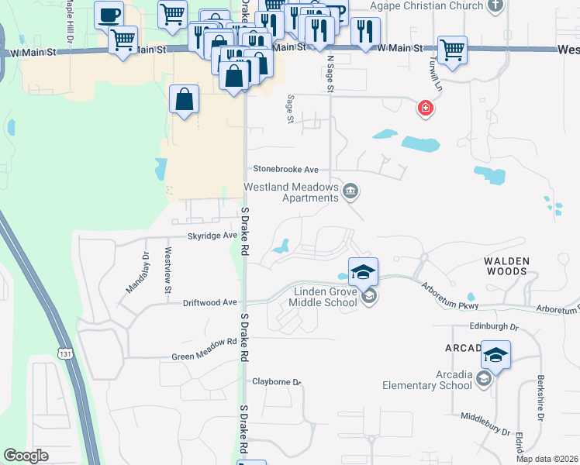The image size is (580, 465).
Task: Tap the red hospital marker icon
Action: point(425,108)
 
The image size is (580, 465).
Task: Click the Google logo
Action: point(26,456)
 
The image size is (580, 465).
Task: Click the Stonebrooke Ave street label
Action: point(286,169)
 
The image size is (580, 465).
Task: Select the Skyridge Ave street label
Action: point(212,235)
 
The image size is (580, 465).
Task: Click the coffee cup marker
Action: point(109,15)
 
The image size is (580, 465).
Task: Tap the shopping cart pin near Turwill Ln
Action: point(452,50)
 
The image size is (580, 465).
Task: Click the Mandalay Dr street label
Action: point(136,272)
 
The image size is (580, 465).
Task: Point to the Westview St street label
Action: point(167,270)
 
